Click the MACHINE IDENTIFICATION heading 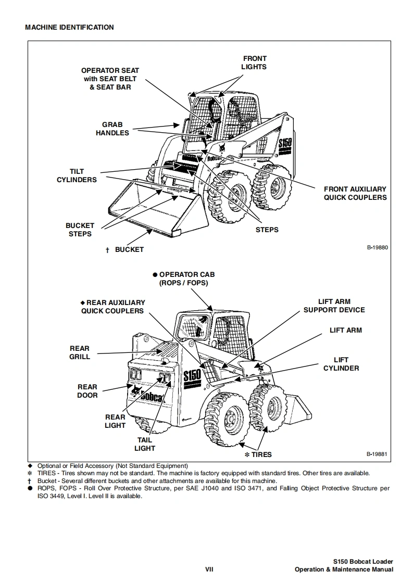point(69,27)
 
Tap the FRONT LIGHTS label point(254,62)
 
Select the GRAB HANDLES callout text point(112,129)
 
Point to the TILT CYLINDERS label point(77,175)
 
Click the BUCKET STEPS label point(80,230)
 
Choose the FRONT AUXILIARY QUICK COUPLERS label point(355,193)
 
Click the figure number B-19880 point(378,247)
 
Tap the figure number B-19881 point(378,454)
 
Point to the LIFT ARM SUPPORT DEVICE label point(334,306)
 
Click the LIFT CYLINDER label point(341,364)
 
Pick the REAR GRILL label point(80,352)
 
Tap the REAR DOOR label point(87,391)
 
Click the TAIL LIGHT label point(145,444)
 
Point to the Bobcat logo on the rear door point(151,398)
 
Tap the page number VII point(208,569)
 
